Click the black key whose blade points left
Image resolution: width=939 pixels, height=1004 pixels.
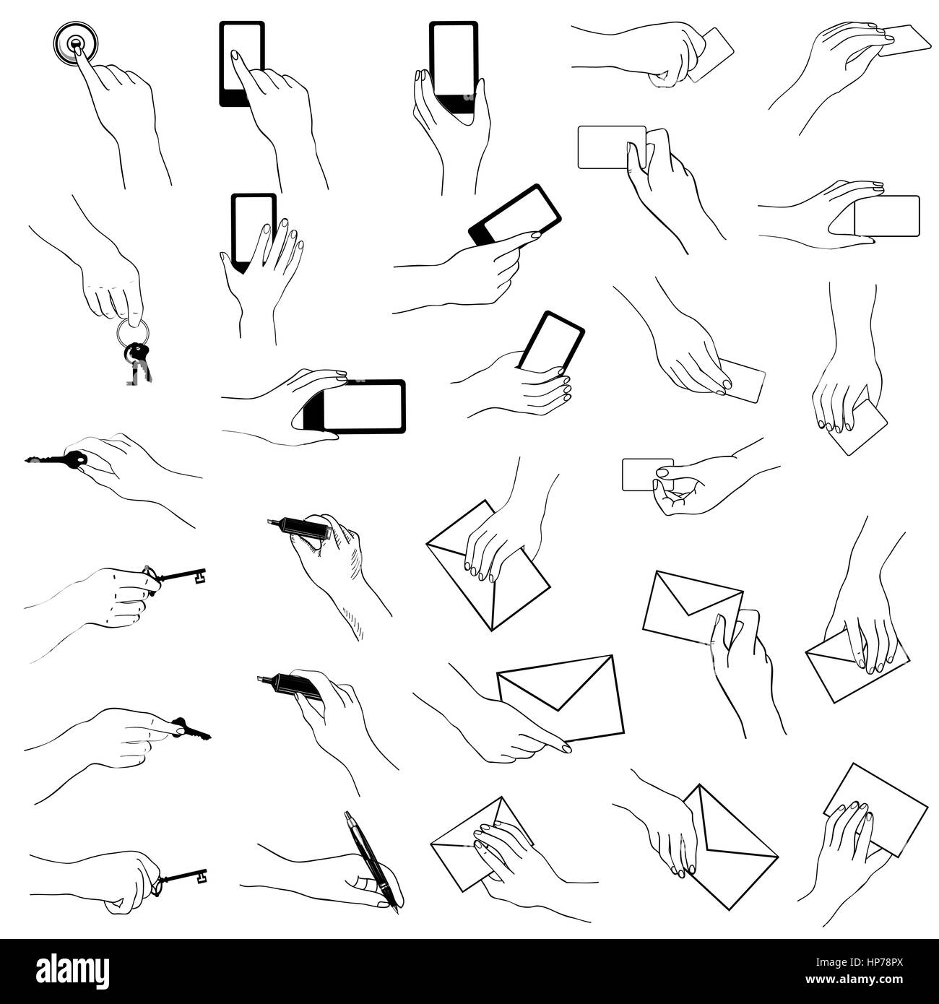coord(56,460)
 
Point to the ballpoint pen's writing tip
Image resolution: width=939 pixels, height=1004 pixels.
coord(397,912)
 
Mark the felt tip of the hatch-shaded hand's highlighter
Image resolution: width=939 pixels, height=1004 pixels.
coord(272,522)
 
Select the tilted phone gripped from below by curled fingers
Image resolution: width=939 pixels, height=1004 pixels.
coord(551,342)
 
